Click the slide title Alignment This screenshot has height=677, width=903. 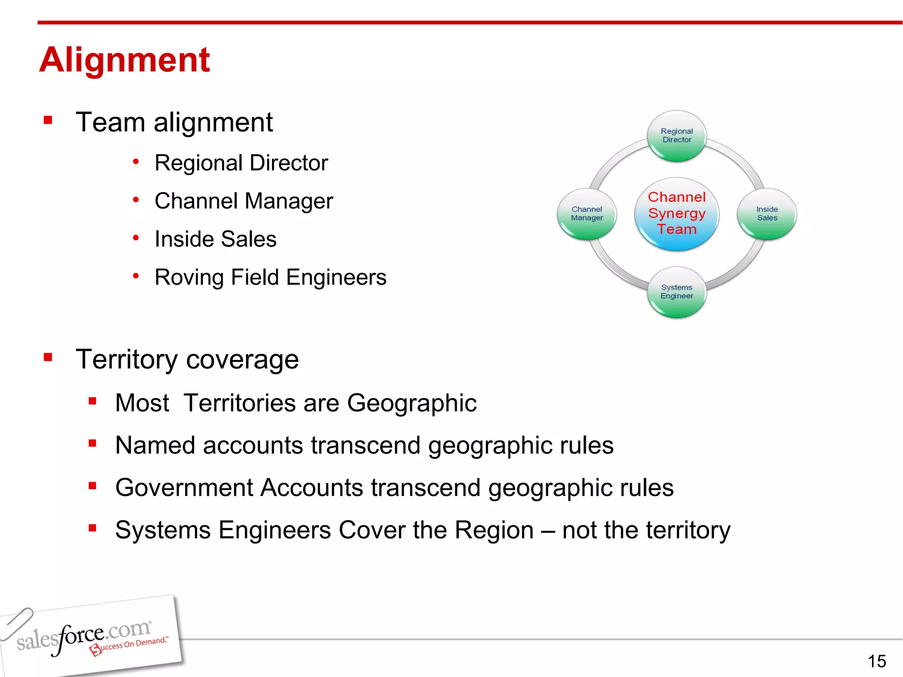click(x=124, y=60)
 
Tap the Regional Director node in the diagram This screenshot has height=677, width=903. click(x=676, y=136)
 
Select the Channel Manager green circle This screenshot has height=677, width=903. click(x=586, y=214)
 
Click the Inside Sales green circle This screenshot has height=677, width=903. click(x=767, y=214)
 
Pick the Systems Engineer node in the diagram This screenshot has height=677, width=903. click(x=676, y=292)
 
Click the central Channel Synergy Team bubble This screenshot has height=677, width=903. click(x=676, y=214)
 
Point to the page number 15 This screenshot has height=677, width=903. click(x=877, y=661)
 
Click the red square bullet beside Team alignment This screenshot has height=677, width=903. click(x=48, y=120)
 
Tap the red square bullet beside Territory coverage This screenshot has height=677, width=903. click(x=48, y=357)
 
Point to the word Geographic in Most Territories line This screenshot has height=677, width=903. click(x=411, y=403)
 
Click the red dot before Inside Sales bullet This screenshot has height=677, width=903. click(x=136, y=238)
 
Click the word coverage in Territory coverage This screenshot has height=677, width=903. click(x=243, y=360)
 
